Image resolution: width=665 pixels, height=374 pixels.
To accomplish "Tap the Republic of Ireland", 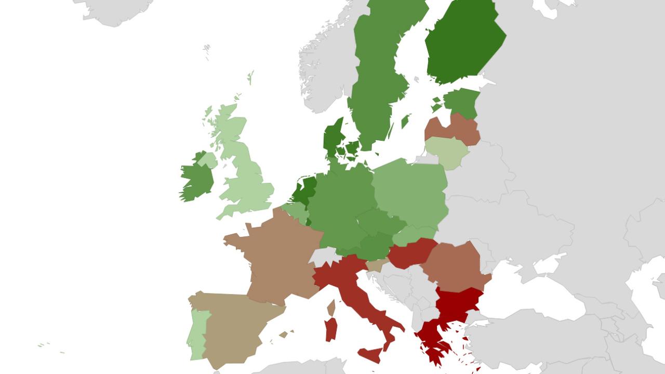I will [196, 179].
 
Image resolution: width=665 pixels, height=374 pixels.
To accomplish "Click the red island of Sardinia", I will [331, 330].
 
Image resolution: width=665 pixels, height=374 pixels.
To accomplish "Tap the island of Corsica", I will [331, 309].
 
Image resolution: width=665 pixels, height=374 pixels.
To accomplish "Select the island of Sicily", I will [371, 355].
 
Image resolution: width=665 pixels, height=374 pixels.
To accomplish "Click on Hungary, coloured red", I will [410, 253].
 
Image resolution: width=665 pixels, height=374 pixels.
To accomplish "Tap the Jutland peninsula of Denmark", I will [332, 136].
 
